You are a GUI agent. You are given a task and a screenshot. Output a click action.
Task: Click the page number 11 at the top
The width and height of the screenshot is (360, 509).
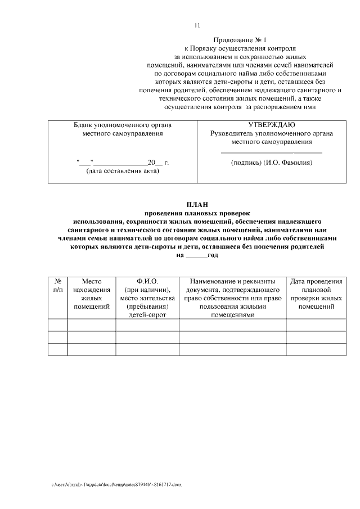click(197, 25)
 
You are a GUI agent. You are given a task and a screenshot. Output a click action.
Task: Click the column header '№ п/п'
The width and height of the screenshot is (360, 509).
click(57, 285)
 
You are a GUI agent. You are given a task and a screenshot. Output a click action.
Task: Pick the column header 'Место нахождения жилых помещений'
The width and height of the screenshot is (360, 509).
click(91, 293)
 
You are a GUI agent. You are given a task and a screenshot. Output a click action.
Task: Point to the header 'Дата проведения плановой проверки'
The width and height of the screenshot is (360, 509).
click(316, 293)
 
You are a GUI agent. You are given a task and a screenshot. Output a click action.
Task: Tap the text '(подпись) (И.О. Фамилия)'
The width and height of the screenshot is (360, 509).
click(272, 163)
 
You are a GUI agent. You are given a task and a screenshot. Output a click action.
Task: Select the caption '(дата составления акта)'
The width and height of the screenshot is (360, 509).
click(123, 172)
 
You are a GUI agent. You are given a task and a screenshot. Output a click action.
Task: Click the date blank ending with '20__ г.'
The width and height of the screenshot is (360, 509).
click(123, 163)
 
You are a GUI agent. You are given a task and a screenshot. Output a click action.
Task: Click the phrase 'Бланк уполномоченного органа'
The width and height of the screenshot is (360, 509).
click(123, 124)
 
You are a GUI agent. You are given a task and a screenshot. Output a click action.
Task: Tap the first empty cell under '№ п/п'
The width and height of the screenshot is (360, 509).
click(57, 325)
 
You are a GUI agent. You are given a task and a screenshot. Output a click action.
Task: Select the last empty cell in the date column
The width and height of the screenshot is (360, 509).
click(316, 349)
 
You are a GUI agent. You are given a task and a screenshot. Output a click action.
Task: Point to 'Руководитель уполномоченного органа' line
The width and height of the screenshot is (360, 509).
click(272, 133)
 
